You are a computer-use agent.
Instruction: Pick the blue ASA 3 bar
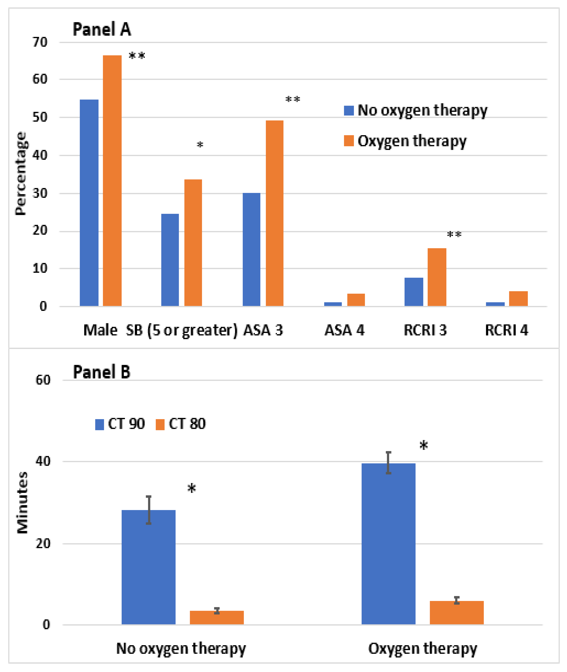[251, 249]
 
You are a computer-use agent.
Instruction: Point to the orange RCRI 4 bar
[518, 298]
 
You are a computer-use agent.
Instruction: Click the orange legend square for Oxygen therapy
[349, 141]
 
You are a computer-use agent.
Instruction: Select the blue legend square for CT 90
[100, 424]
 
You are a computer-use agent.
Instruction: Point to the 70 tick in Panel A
[40, 42]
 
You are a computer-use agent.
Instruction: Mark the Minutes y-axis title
[23, 503]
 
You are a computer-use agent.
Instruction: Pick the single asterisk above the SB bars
[200, 145]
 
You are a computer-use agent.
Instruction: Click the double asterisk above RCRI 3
[454, 234]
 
